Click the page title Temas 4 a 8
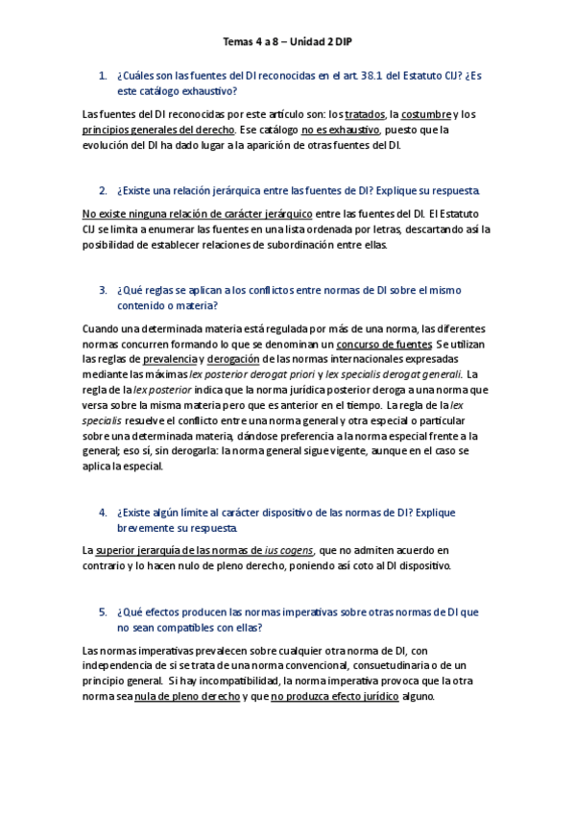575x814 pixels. [288, 42]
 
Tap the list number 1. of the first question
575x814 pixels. [103, 75]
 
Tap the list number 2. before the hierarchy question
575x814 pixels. [103, 190]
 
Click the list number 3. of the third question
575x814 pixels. [103, 289]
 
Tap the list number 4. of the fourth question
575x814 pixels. [103, 512]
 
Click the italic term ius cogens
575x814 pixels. [288, 550]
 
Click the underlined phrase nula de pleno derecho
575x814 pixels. [186, 697]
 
